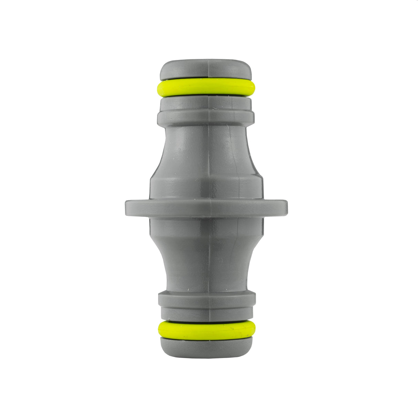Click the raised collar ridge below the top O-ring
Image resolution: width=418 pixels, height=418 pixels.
pos(206,117)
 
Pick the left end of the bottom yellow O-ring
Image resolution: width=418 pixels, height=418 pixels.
pos(159,329)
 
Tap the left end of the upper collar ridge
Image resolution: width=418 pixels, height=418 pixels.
pos(159,117)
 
